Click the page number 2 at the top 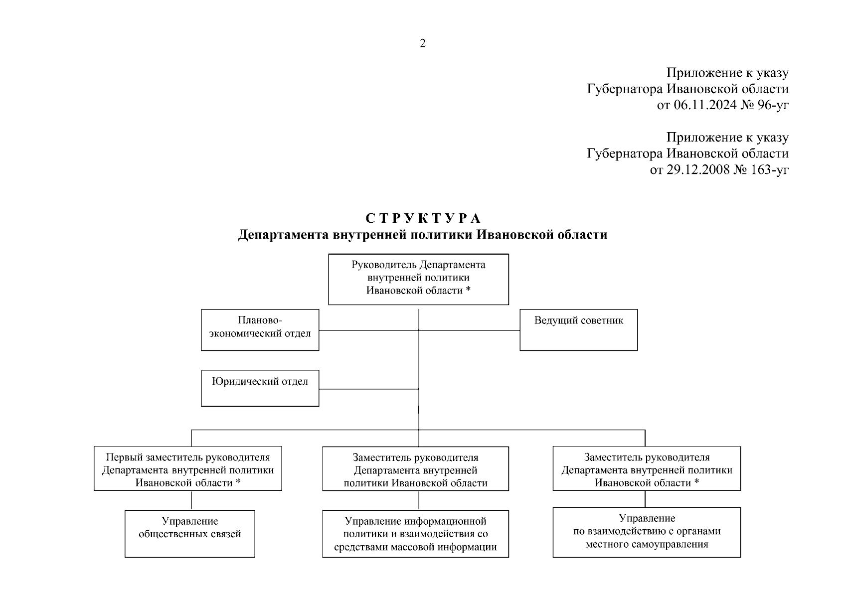[x=423, y=43]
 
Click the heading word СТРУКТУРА [x=423, y=219]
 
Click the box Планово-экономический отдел [x=260, y=329]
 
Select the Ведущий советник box [x=578, y=329]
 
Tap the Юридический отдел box [x=260, y=388]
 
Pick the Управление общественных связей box [x=189, y=533]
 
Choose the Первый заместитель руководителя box [x=187, y=468]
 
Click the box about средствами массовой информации [x=415, y=533]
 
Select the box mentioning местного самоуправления [x=647, y=532]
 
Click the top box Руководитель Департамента [x=418, y=279]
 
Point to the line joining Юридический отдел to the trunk [x=369, y=389]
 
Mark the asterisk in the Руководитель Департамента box [x=468, y=290]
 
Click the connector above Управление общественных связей [x=191, y=500]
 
